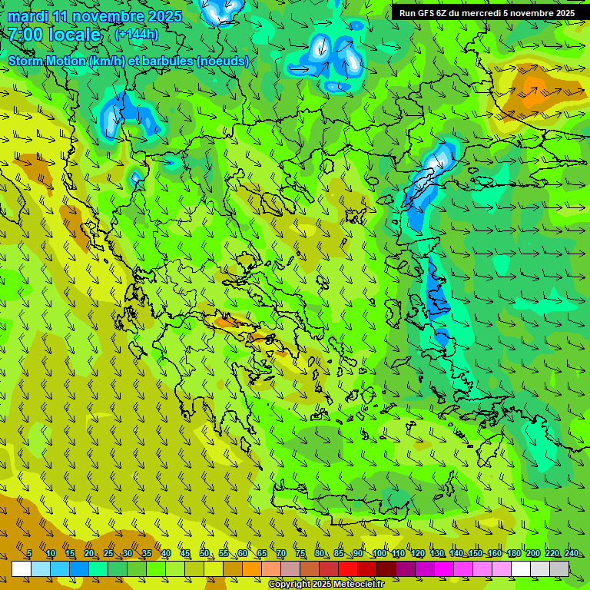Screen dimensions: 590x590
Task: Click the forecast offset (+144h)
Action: tap(137, 35)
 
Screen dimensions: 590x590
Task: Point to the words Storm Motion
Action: tap(48, 61)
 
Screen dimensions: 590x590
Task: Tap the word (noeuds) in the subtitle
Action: tap(223, 61)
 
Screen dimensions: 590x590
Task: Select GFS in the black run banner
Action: tap(430, 13)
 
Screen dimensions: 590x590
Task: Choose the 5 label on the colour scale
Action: tap(29, 554)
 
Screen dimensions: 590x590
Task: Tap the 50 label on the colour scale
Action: tap(204, 554)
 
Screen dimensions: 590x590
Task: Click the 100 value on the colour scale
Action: tap(379, 554)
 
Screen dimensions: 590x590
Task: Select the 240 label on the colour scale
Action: tap(572, 554)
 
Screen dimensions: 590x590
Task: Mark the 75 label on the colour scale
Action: tap(300, 554)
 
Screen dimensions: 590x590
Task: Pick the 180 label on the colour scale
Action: tap(514, 554)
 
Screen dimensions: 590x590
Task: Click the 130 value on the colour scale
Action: tap(437, 554)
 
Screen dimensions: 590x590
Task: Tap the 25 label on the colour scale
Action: tap(108, 554)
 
